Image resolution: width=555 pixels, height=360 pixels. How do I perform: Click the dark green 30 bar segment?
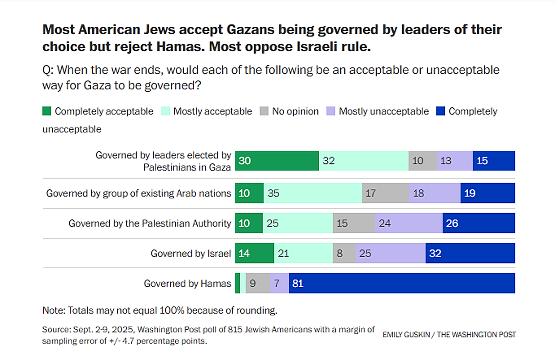[x=277, y=161]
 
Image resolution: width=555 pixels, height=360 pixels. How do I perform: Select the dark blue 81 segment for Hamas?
[x=402, y=283]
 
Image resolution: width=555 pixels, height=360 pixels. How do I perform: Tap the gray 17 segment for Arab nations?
[x=386, y=193]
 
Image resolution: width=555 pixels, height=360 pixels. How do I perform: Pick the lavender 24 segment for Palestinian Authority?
[x=409, y=223]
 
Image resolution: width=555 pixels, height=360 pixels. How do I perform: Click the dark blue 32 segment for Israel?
[x=470, y=254]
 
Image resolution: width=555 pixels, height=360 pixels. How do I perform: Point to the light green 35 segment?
[x=313, y=193]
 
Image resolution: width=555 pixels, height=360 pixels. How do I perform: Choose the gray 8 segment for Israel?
[x=344, y=254]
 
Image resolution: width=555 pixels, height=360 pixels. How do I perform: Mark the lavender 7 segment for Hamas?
[x=279, y=283]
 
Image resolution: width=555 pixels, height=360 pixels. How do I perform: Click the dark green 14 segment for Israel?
[x=254, y=254]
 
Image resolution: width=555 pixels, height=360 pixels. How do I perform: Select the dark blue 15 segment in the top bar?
[x=493, y=161]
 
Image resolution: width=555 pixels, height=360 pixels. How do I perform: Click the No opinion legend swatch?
[x=264, y=111]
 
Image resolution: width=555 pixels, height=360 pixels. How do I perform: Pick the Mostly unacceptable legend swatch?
[x=330, y=111]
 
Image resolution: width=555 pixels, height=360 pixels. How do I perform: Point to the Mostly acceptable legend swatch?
[x=165, y=111]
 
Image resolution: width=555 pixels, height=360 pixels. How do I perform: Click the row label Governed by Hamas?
[x=187, y=283]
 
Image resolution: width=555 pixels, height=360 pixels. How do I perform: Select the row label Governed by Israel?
[x=191, y=254]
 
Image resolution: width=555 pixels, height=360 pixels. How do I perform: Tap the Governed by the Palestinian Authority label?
[x=149, y=223]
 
